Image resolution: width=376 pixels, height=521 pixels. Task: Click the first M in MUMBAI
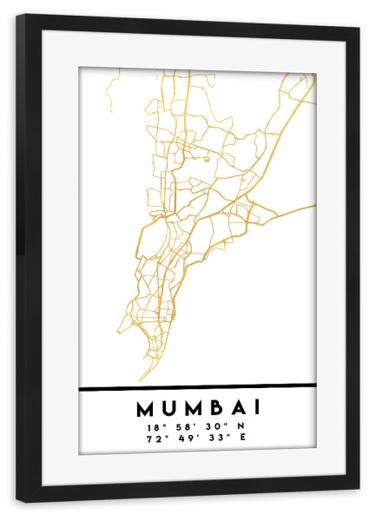[x=143, y=407]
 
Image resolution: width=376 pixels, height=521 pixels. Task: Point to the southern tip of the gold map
[x=141, y=380]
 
